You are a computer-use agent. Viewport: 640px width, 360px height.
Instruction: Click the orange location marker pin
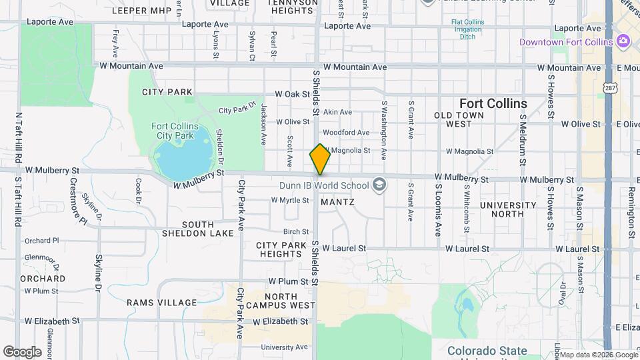tap(320, 159)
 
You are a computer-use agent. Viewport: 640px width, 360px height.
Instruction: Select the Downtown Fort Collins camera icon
tap(623, 42)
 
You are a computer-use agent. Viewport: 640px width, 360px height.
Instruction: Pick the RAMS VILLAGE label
tap(162, 303)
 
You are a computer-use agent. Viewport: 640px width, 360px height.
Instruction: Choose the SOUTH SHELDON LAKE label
tap(198, 229)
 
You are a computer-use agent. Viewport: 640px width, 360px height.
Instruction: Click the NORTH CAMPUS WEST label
tap(289, 301)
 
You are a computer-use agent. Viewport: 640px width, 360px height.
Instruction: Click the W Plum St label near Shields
tap(287, 282)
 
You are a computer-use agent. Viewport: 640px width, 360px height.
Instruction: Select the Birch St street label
tap(295, 232)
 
